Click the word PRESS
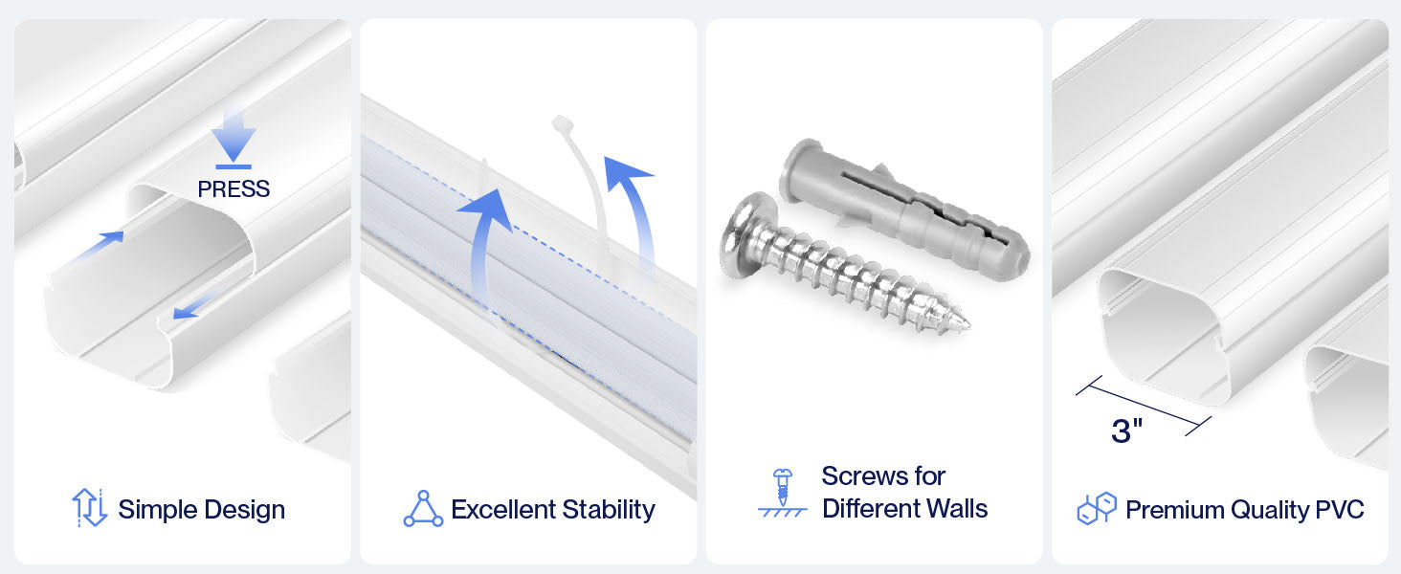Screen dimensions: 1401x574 point(233,188)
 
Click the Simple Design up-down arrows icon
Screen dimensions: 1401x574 point(90,508)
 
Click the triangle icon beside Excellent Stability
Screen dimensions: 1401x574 point(423,509)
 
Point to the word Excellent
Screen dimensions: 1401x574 point(503,510)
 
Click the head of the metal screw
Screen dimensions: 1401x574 point(746,235)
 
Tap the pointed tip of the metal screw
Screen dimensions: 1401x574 point(968,324)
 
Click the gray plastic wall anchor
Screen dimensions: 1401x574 point(904,210)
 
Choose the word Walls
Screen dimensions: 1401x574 point(958,508)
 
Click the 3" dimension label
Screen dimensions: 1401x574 point(1127,430)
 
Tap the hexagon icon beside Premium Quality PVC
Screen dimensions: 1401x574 point(1097,508)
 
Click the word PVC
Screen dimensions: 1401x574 point(1340,510)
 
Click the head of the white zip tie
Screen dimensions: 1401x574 point(563,123)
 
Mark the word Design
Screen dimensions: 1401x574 point(245,510)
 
